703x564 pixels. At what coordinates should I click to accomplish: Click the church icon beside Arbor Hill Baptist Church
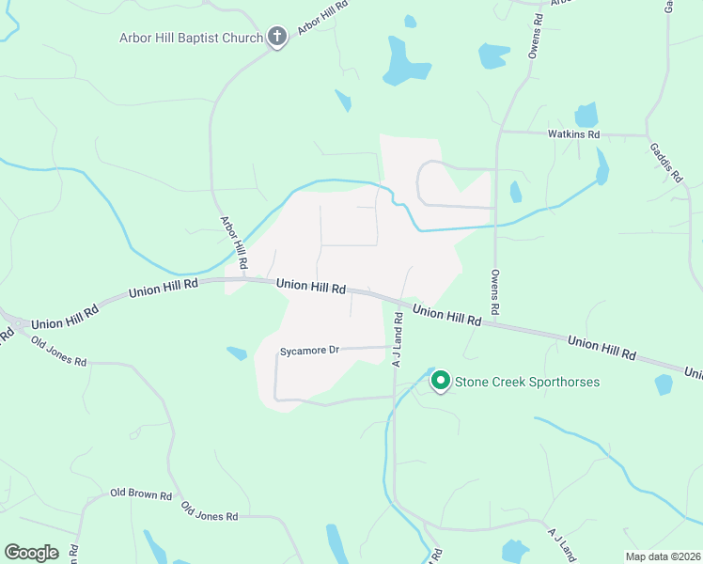pos(276,38)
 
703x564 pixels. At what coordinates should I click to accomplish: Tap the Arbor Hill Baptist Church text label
pos(191,39)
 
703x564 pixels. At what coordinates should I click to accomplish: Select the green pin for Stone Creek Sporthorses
pos(440,382)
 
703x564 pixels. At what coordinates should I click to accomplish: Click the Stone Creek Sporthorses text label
pos(527,383)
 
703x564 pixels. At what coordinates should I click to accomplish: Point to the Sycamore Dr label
pos(309,351)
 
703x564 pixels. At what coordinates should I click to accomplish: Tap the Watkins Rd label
pos(574,134)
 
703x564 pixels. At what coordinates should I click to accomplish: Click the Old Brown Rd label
pos(141,494)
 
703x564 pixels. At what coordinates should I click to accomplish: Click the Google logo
pos(31,553)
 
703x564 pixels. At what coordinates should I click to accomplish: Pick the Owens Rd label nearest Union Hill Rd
pos(495,292)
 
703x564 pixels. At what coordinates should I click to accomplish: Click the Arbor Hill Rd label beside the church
pos(323,18)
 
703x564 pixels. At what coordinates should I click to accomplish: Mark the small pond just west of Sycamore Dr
pos(237,353)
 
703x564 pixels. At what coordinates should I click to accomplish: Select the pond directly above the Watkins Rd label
pos(586,115)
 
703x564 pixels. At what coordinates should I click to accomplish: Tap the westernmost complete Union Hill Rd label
pos(65,315)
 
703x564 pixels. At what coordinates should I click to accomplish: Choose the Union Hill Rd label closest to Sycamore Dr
pos(310,286)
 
